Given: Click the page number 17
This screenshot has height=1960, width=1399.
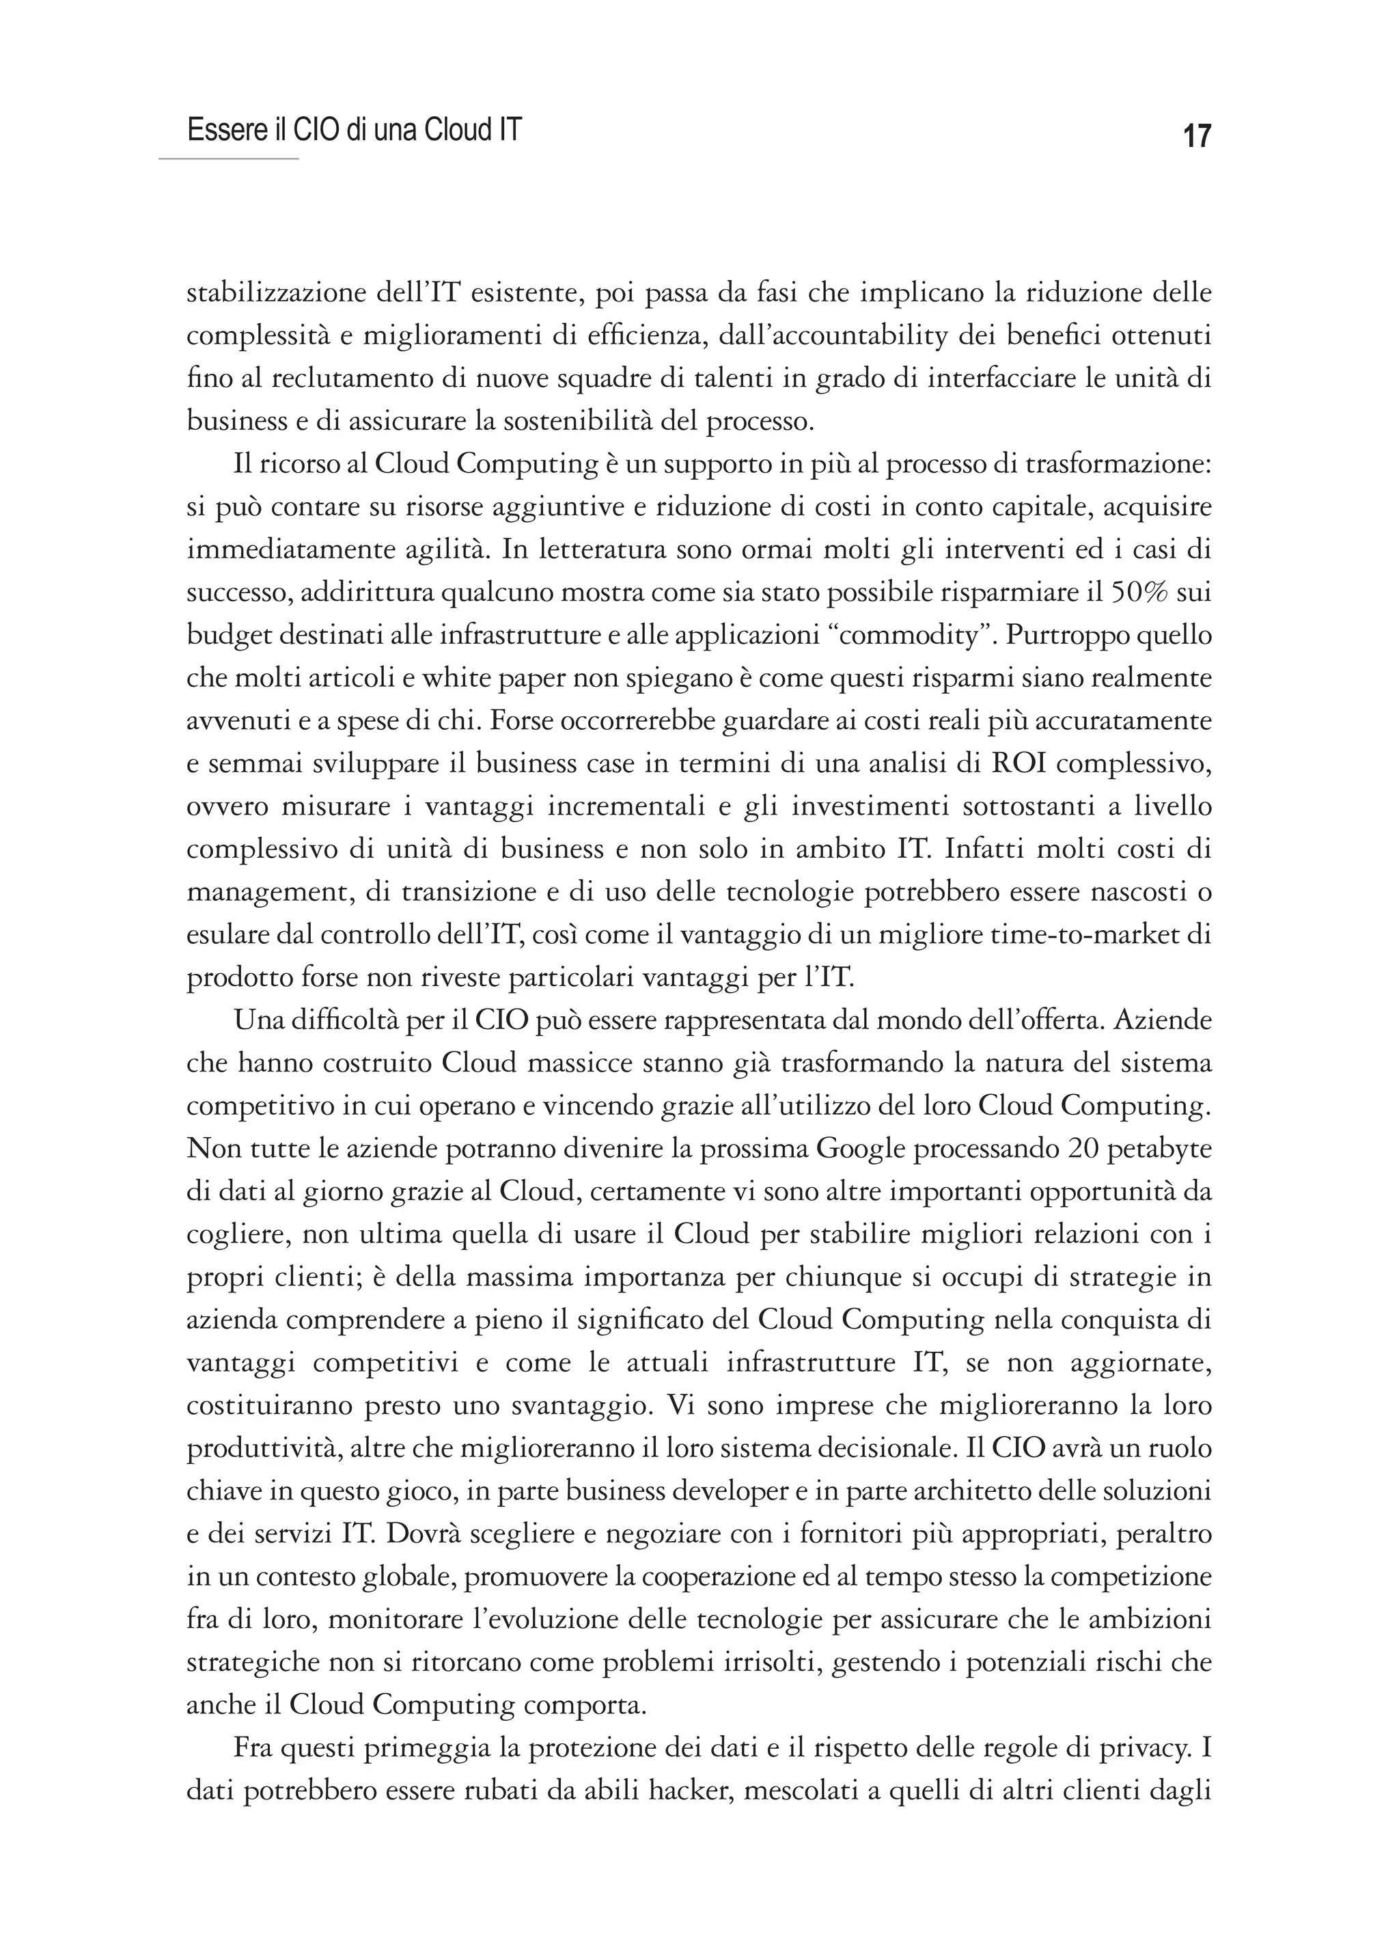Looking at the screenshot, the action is point(1197,136).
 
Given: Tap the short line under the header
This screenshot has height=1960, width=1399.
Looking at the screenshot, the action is point(228,159).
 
